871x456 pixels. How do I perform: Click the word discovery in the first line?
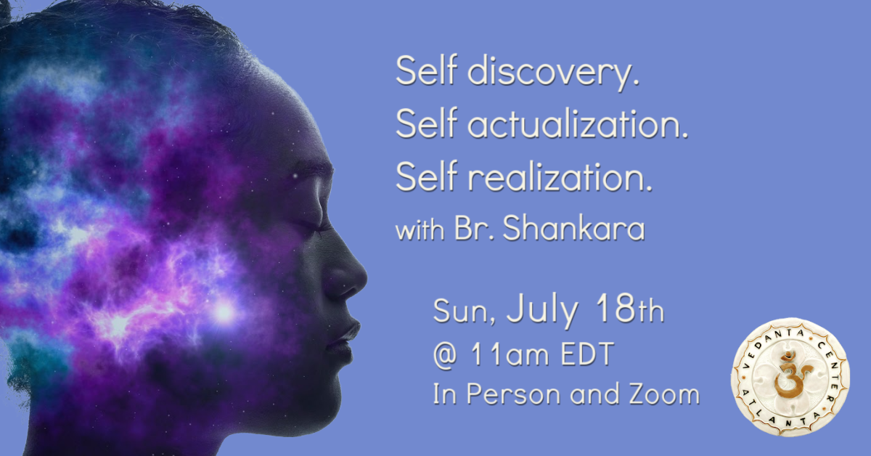pos(553,72)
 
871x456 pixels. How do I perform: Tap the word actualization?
pos(578,123)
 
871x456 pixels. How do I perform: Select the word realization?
pos(560,177)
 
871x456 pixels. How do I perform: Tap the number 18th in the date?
pos(629,309)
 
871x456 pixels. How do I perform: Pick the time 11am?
pos(510,354)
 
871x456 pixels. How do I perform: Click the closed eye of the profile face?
pos(309,224)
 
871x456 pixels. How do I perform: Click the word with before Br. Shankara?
pos(420,229)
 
